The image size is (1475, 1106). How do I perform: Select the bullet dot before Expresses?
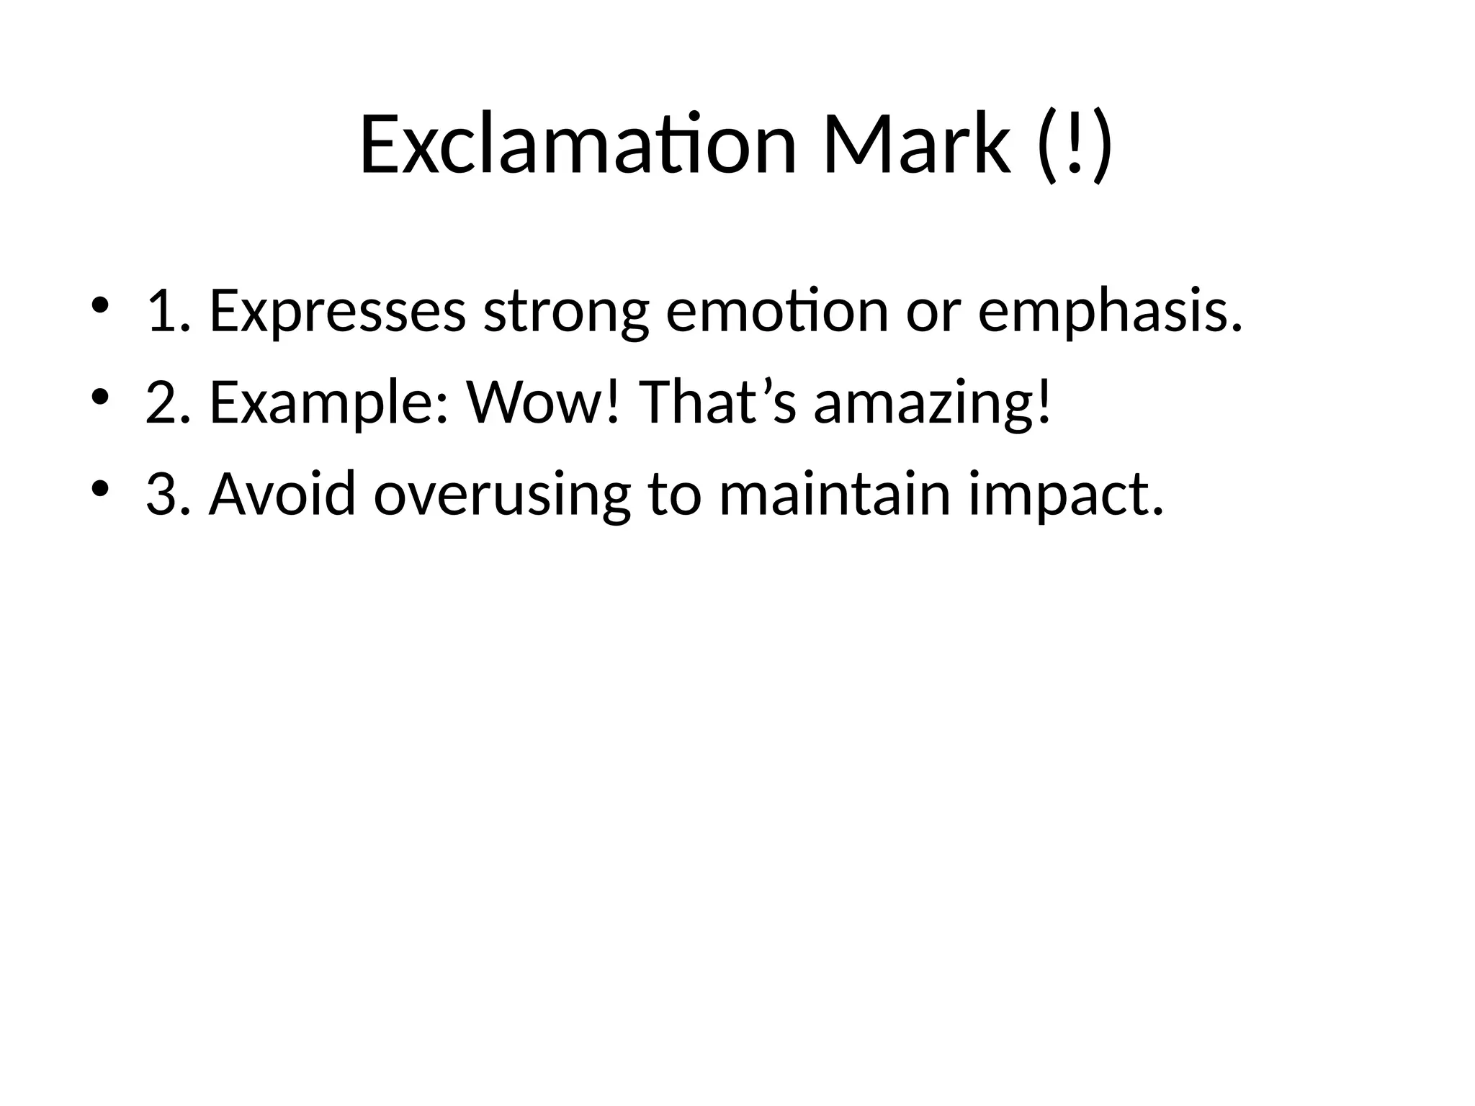[x=99, y=305]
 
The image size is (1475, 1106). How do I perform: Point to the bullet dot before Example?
[x=99, y=396]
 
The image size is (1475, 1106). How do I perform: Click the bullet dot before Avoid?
[x=99, y=488]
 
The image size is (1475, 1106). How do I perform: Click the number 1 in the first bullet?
[x=163, y=311]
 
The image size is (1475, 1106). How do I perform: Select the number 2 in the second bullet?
[x=163, y=403]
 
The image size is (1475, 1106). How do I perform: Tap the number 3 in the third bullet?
[x=163, y=494]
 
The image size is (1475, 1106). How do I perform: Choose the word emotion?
[x=777, y=311]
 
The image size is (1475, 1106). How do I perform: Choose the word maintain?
[x=835, y=494]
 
